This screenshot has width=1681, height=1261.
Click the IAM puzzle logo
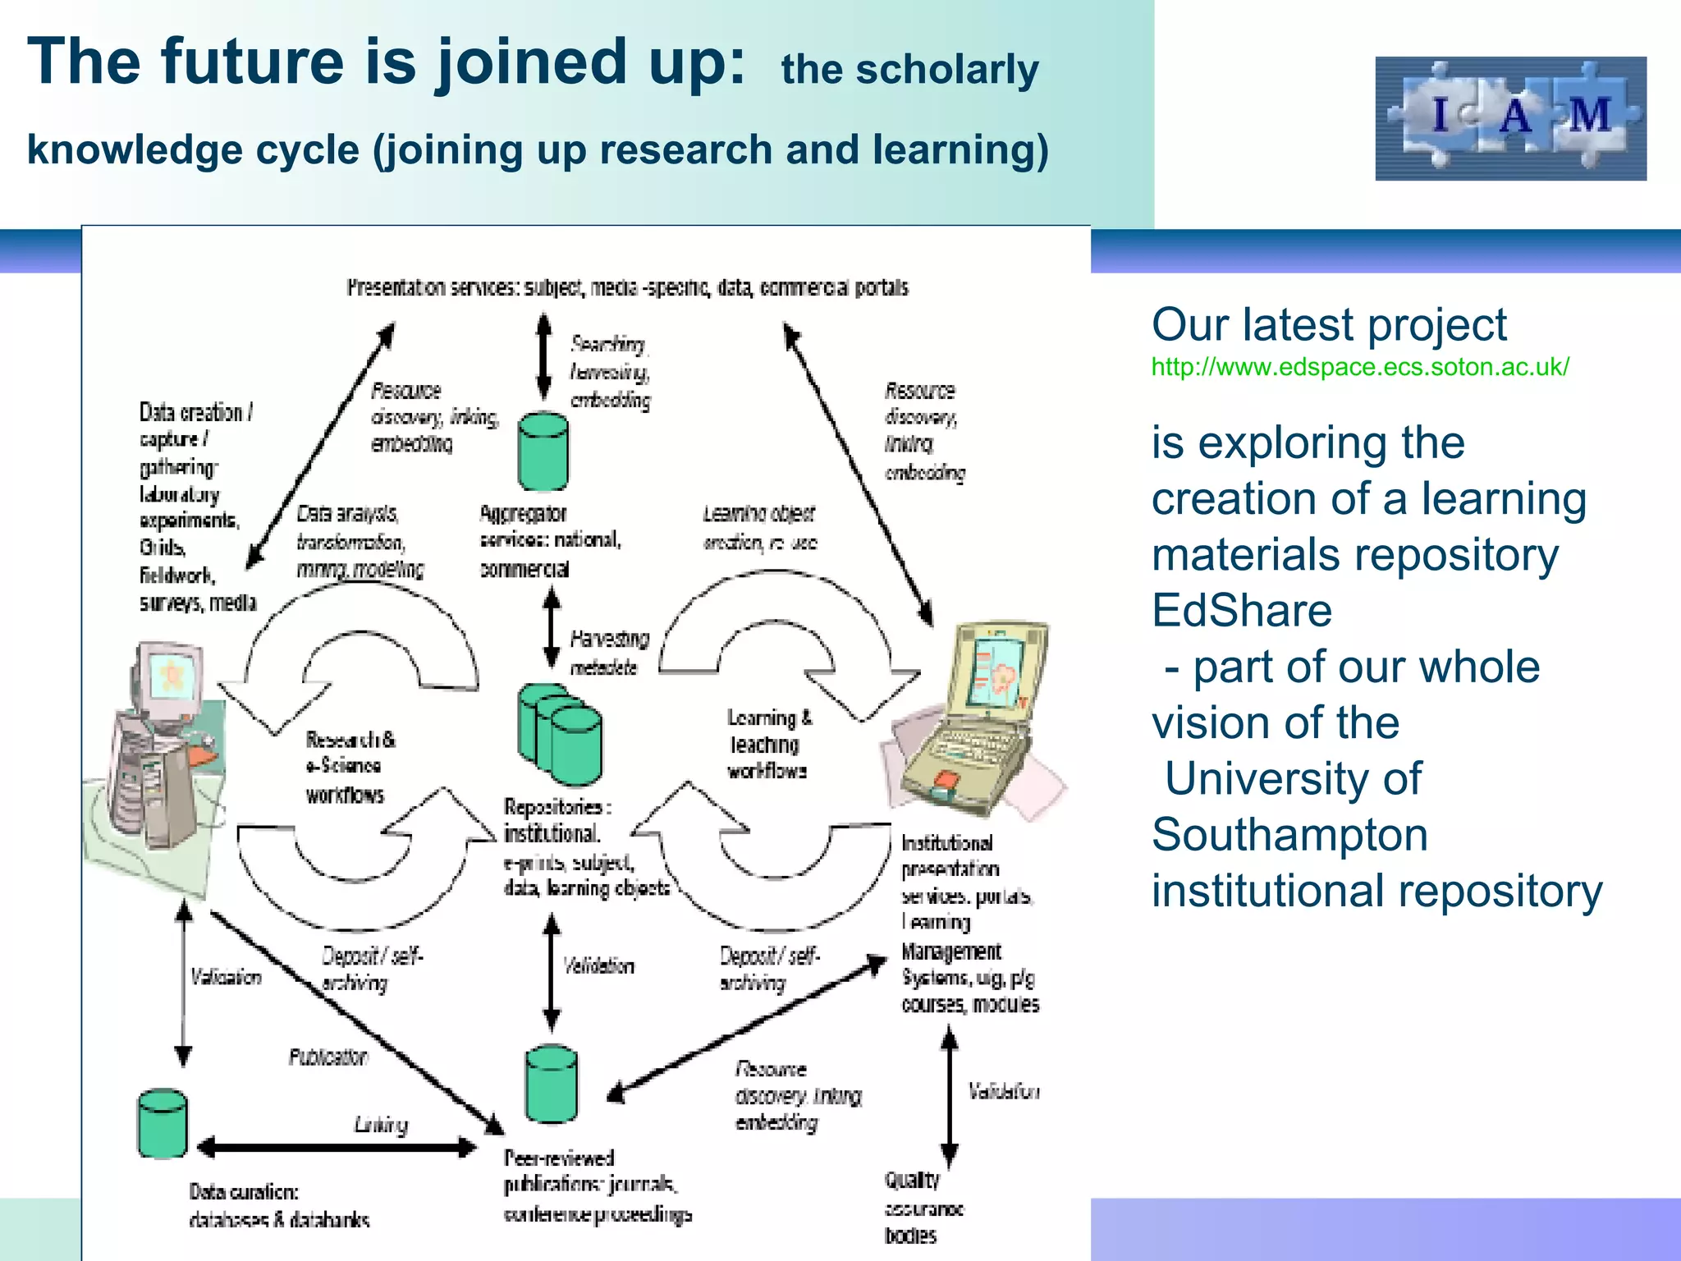[1510, 118]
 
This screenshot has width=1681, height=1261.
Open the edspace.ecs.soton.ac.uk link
[1359, 367]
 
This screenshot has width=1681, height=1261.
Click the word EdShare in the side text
[1241, 611]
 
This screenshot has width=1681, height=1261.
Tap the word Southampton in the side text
[1289, 835]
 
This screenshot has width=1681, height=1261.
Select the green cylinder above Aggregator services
[543, 452]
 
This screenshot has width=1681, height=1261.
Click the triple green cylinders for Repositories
[560, 733]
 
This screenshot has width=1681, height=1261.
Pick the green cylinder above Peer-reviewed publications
[551, 1084]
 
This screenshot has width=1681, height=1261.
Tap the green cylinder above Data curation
[163, 1123]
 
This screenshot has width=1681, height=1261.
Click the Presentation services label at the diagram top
[627, 288]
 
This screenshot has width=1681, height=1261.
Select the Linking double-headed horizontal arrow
[337, 1147]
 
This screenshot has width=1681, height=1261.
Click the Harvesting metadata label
[608, 653]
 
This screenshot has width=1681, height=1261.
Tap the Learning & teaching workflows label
[768, 744]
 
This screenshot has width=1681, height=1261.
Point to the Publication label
[327, 1057]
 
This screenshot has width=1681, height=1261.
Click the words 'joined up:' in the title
[591, 62]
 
